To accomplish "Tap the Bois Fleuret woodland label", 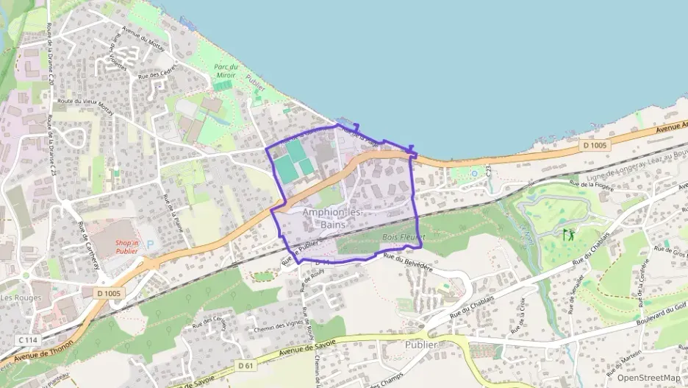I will (x=404, y=237).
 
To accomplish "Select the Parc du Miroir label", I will (x=231, y=71).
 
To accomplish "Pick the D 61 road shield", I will (x=246, y=365).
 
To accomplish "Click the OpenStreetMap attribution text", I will (x=648, y=378).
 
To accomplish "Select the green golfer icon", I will (x=568, y=236).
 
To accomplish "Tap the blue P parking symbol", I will (x=151, y=244).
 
